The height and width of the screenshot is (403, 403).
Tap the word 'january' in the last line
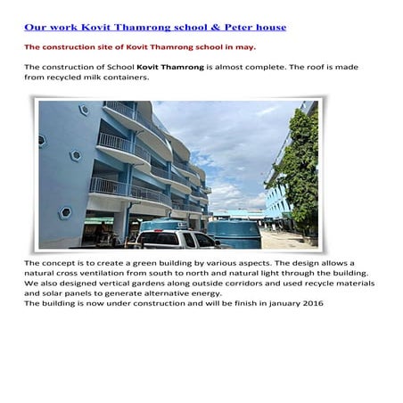pos(277,303)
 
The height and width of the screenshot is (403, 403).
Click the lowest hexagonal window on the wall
pos(65,212)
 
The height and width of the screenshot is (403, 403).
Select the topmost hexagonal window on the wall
pos(84,111)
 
